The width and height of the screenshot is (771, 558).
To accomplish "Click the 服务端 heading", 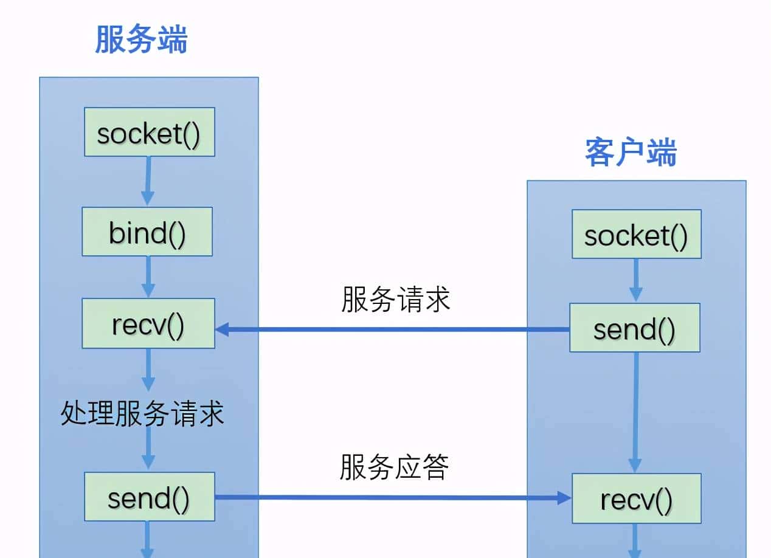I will pos(141,41).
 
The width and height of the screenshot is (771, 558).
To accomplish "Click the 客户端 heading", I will pos(631,153).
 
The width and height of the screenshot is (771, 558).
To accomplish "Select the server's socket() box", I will pos(149,132).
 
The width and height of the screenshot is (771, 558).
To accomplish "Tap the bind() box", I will pos(147,232).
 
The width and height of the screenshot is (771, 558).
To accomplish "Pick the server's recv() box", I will pos(148,323).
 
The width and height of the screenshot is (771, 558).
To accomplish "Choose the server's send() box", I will pos(149,497).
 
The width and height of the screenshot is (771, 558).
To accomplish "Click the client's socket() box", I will pos(636,234).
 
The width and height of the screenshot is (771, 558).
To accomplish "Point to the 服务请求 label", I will pos(395,300).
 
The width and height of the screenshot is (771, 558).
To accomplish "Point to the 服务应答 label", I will pos(394,467).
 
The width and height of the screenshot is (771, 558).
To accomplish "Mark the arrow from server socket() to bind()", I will pos(147,181).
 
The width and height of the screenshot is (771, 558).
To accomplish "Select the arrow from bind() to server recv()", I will pos(148,277).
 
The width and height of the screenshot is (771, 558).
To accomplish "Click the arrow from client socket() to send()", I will pos(635,280).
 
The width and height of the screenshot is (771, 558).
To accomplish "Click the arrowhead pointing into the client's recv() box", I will pos(564,498).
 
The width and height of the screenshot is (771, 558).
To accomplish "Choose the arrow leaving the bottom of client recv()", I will pos(635,541).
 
